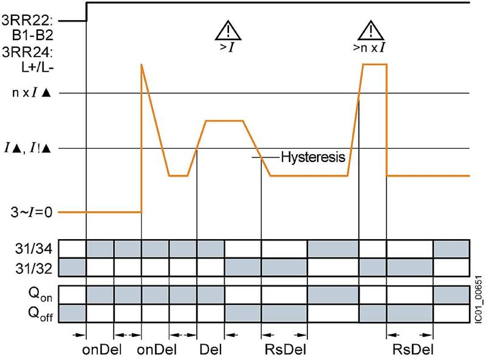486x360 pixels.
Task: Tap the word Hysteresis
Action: (x=313, y=157)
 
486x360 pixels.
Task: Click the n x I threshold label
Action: (x=33, y=93)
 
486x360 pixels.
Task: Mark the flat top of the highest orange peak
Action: (x=374, y=64)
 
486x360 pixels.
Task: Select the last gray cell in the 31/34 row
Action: (x=451, y=249)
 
